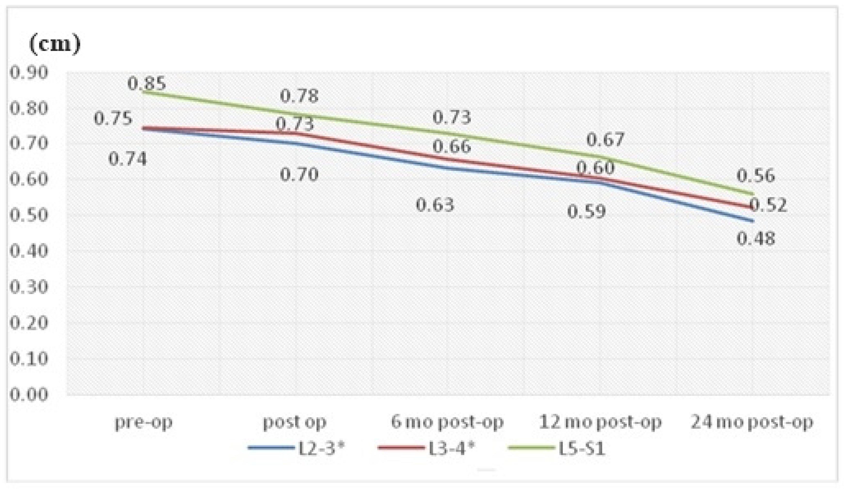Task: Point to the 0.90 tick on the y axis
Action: click(28, 73)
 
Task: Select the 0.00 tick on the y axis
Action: click(28, 394)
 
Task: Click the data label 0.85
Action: click(146, 83)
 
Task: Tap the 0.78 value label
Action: click(299, 96)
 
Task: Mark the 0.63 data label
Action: click(435, 204)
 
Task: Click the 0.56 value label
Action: click(756, 176)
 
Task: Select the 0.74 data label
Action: click(127, 159)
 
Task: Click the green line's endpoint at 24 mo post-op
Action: click(753, 194)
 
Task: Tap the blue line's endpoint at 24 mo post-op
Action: click(753, 221)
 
